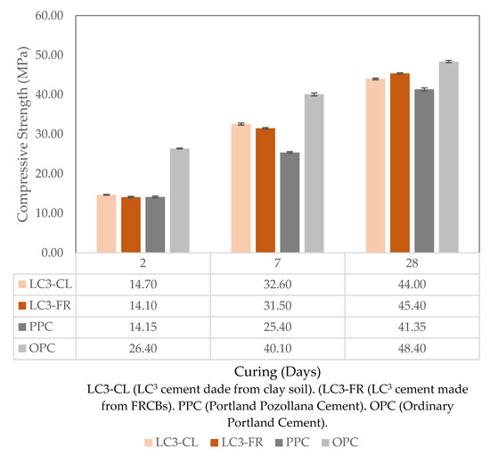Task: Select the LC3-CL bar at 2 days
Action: click(107, 223)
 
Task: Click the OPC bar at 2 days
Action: click(179, 200)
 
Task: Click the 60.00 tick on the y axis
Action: click(50, 16)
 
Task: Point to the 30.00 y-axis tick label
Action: click(50, 134)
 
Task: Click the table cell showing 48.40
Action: click(411, 347)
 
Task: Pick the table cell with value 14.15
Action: click(143, 327)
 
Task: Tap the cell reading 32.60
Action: click(277, 285)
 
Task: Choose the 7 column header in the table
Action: click(277, 264)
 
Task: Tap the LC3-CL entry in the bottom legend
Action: click(168, 442)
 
